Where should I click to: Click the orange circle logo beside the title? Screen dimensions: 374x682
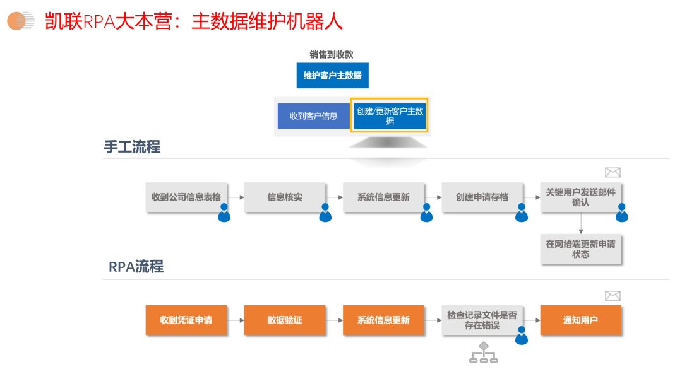20,21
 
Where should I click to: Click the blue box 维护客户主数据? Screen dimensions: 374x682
332,76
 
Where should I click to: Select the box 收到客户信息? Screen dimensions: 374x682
313,116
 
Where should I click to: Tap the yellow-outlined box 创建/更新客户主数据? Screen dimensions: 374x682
390,115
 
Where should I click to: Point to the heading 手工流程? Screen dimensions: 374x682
132,147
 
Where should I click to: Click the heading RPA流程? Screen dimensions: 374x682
136,267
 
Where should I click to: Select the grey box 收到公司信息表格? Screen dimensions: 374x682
186,197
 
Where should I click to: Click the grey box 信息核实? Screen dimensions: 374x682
285,197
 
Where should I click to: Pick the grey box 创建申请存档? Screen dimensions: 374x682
482,197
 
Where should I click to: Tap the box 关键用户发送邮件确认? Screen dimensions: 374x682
580,197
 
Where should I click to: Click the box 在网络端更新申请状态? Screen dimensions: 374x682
580,249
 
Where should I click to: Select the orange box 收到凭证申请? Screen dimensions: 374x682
186,320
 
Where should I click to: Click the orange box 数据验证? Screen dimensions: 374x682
285,320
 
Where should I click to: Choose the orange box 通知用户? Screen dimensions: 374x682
580,320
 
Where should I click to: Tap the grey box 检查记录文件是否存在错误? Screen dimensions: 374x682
482,320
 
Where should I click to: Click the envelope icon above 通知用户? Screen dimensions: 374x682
613,296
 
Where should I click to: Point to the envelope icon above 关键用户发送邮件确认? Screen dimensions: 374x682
613,173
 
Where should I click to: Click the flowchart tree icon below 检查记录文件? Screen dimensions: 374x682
484,353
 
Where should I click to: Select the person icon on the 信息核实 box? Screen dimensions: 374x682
325,213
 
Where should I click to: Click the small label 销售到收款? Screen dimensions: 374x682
332,55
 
